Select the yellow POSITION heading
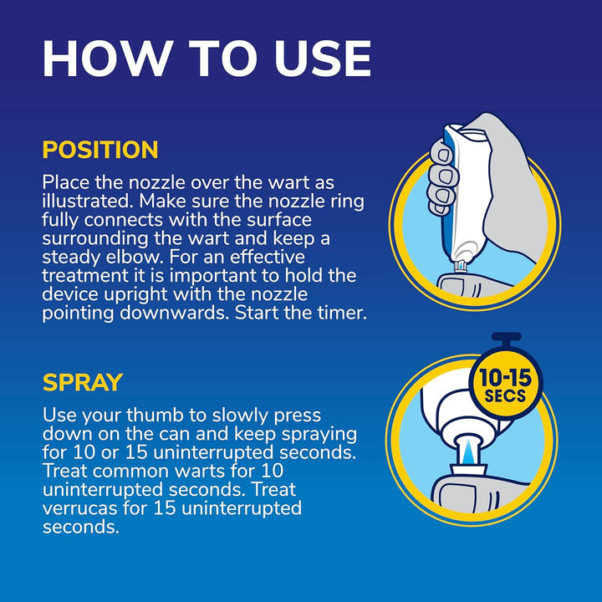coord(100,150)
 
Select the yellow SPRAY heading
coord(83,383)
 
